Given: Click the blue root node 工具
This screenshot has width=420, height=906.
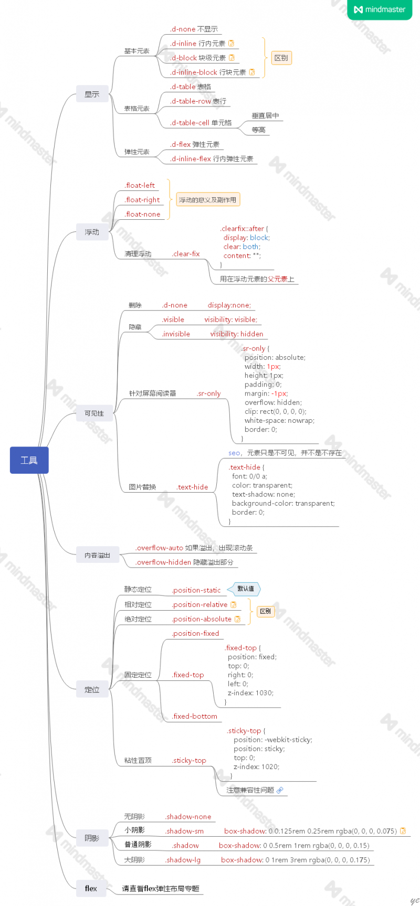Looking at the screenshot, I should (29, 460).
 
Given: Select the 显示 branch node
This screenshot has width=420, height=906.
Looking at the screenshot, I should (92, 94).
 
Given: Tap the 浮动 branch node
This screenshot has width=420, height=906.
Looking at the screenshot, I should (92, 232).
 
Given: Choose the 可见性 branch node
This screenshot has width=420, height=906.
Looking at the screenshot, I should (94, 413).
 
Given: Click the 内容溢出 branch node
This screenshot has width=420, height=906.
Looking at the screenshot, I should (97, 555).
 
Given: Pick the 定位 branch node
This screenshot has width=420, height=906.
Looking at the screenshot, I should (92, 690).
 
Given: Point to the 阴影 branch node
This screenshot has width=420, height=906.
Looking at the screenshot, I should (92, 838).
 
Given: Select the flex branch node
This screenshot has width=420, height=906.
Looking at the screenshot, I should (91, 888).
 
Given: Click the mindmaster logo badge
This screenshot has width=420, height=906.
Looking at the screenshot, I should (380, 9).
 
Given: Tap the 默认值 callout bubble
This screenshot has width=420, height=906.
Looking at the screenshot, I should (245, 589).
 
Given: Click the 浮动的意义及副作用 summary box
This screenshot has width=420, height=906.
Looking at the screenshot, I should (207, 200).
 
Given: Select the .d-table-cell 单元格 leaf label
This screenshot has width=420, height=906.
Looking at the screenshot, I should (201, 123).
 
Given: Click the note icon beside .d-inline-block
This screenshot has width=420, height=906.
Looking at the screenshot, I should (252, 72).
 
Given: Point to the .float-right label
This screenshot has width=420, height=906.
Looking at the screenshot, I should (142, 200).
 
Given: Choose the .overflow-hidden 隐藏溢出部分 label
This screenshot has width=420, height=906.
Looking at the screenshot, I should (184, 562).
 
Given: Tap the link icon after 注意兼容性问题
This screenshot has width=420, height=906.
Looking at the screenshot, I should (280, 790).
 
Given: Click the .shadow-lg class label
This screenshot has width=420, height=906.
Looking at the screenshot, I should (183, 860).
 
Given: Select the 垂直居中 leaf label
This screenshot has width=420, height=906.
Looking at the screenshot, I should (265, 116).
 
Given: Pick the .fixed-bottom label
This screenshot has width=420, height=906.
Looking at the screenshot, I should (195, 716).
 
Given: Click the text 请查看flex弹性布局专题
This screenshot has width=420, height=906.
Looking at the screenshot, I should (161, 889).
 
